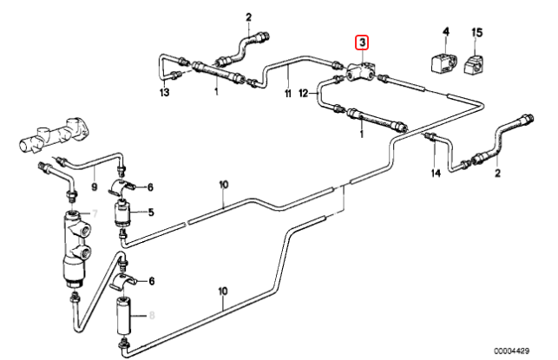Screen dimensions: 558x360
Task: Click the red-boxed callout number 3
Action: tap(362, 43)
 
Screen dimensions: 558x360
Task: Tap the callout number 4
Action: tap(446, 31)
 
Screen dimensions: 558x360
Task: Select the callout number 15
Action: tap(477, 33)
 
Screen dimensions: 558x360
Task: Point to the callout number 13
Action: tap(164, 93)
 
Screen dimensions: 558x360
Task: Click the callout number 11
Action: tap(287, 94)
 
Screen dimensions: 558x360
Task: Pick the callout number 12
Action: tap(303, 94)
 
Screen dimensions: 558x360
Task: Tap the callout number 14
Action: tap(436, 173)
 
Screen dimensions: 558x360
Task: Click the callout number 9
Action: tap(94, 187)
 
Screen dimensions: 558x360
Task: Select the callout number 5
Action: tap(151, 213)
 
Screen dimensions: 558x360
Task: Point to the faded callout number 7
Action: tap(95, 213)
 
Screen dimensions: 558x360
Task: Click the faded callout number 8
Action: tap(152, 315)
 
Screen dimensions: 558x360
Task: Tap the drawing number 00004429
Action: tap(511, 350)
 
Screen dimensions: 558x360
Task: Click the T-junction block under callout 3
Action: tap(361, 72)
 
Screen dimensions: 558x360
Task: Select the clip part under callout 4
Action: tap(442, 63)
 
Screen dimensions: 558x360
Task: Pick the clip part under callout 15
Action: tap(474, 64)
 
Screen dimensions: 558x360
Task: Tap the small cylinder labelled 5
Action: tap(122, 213)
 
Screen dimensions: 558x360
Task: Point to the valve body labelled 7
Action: tap(75, 248)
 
